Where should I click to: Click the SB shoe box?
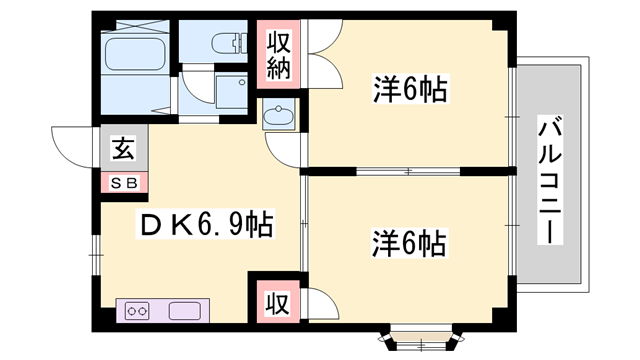point(124,183)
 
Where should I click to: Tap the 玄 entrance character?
point(123,152)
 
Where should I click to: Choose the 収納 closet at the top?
point(278,56)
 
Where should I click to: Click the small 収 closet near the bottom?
point(276,300)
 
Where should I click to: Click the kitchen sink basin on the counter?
point(187,311)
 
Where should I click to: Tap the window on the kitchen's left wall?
point(97,246)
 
